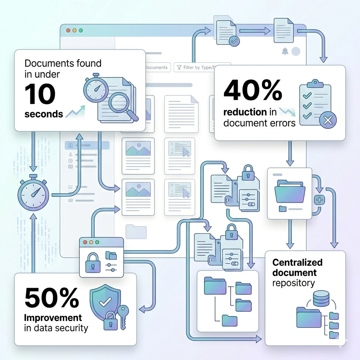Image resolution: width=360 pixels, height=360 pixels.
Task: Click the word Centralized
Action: (297, 263)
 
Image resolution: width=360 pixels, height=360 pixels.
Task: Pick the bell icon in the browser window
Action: (285, 52)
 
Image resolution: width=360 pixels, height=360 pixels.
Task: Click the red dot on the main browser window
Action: (68, 31)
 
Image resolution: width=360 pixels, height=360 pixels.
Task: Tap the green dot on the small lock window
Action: (97, 243)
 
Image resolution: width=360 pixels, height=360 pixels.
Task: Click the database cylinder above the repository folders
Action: (321, 298)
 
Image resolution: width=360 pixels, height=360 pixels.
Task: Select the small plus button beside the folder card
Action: (320, 200)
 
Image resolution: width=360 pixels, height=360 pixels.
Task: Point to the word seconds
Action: (44, 114)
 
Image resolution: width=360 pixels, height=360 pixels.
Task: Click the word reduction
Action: (245, 112)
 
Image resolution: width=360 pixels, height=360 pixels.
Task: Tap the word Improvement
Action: (52, 318)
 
